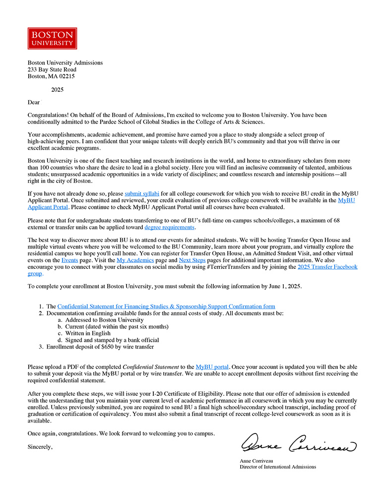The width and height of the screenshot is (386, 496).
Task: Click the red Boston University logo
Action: pyautogui.click(x=53, y=38)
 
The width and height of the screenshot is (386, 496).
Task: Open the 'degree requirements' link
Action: pyautogui.click(x=169, y=227)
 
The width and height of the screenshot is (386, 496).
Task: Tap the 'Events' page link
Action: pyautogui.click(x=69, y=259)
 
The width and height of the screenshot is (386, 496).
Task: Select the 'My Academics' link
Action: pyautogui.click(x=135, y=259)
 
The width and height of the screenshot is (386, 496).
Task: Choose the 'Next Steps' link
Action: pyautogui.click(x=192, y=259)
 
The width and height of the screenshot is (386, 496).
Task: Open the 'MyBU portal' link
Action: pyautogui.click(x=212, y=367)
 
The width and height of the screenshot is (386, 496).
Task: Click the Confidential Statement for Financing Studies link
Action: pyautogui.click(x=166, y=307)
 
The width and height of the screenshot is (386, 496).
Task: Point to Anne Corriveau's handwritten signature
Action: pyautogui.click(x=299, y=443)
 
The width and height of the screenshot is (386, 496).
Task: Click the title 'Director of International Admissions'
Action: pyautogui.click(x=278, y=467)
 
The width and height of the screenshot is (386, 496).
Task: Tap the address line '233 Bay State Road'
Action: pyautogui.click(x=52, y=70)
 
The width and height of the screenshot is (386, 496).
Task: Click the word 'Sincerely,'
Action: pyautogui.click(x=40, y=447)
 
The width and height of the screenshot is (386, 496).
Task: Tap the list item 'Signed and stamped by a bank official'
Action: pyautogui.click(x=112, y=340)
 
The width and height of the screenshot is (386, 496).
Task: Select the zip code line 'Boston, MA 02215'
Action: pyautogui.click(x=51, y=76)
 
